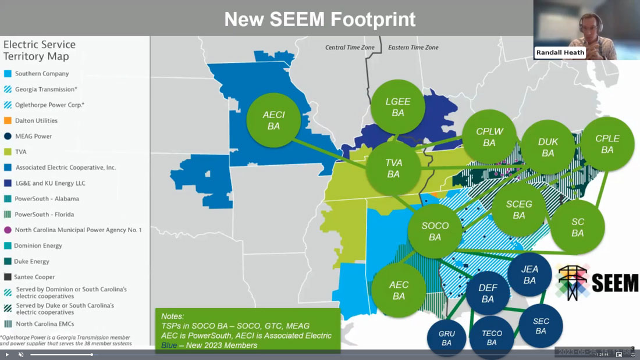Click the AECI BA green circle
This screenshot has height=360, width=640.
(273, 120)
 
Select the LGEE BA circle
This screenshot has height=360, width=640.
(398, 107)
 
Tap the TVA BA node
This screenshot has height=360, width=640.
(394, 168)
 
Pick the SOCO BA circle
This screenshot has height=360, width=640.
(435, 231)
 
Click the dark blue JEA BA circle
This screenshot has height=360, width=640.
(529, 275)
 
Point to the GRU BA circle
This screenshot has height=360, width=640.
(447, 338)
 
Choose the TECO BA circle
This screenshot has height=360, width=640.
(492, 337)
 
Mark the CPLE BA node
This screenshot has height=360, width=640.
(607, 144)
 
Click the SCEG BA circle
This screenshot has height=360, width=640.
(519, 209)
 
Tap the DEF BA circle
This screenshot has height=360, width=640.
(488, 293)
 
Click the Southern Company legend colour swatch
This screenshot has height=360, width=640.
(8, 74)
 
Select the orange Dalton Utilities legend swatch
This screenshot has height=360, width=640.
(8, 121)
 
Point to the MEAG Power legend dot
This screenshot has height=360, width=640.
(8, 136)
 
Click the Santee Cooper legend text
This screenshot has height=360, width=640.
(35, 277)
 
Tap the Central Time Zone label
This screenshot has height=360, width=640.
(350, 48)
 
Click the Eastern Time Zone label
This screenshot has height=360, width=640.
(413, 48)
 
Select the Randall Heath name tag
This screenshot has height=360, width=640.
(560, 52)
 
